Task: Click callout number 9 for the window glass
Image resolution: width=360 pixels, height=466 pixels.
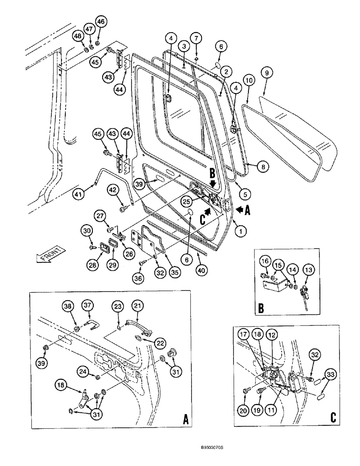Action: [x=266, y=73]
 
